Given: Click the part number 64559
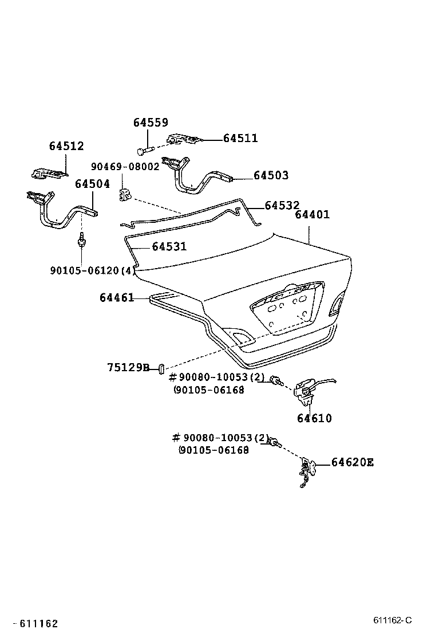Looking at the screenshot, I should click(151, 123).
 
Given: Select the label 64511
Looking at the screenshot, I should click(240, 138).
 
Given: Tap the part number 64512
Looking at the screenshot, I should click(66, 146).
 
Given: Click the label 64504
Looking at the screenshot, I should click(92, 184).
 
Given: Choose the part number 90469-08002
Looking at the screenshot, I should click(125, 167).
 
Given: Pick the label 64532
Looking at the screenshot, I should click(282, 205).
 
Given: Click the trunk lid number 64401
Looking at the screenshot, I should click(312, 215).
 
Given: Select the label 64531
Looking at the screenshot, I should click(169, 247).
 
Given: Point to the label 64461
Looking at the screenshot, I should click(116, 298).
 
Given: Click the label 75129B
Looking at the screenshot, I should click(128, 367).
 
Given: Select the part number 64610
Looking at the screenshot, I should click(314, 419).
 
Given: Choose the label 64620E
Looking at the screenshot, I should click(352, 462).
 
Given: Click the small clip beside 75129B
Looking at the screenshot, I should click(162, 367).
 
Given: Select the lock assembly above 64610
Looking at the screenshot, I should click(306, 389).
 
